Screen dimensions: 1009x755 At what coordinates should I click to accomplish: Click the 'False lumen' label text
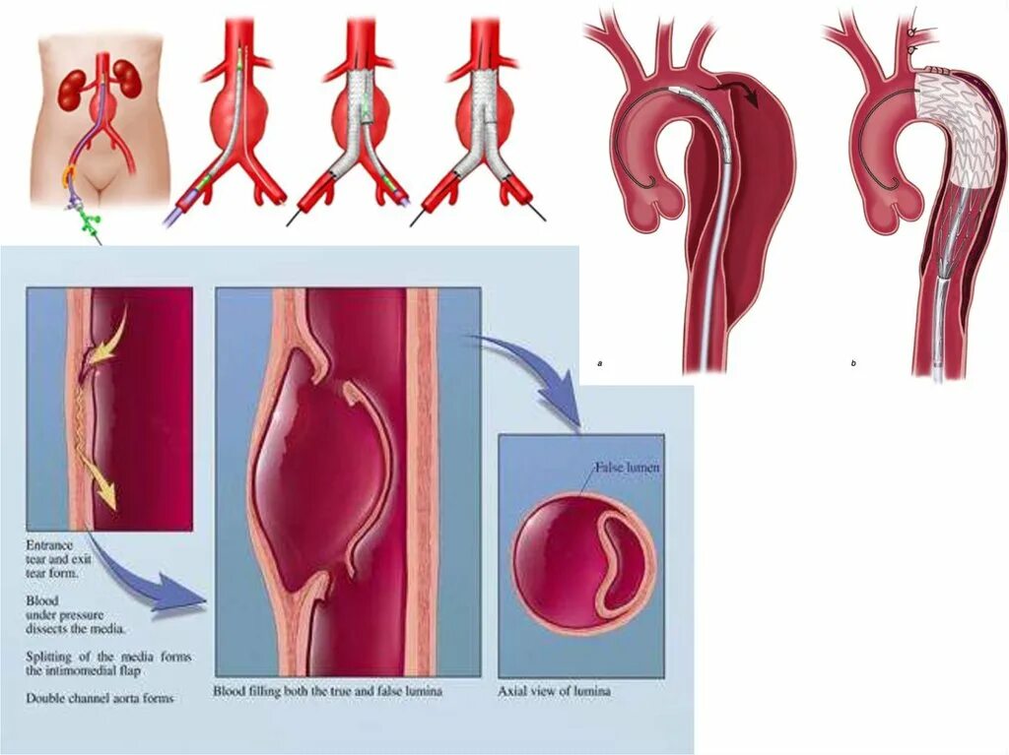click(x=627, y=469)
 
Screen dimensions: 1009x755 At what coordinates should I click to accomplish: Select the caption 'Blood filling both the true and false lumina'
click(x=328, y=691)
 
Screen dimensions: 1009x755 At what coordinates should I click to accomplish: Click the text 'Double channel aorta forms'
click(x=101, y=698)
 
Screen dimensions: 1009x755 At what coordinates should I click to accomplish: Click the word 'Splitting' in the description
click(x=51, y=656)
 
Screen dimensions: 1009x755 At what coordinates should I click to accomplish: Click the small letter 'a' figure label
click(x=600, y=364)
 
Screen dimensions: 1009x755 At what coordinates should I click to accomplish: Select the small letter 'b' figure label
click(x=853, y=364)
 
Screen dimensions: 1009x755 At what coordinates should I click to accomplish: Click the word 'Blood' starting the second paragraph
click(x=43, y=599)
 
